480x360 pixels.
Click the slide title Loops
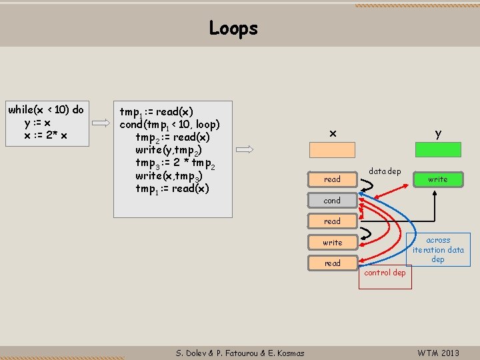pyautogui.click(x=233, y=28)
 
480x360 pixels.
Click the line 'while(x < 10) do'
pyautogui.click(x=46, y=109)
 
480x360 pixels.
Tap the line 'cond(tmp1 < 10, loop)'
pyautogui.click(x=169, y=125)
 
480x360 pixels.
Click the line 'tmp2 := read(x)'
pyautogui.click(x=173, y=137)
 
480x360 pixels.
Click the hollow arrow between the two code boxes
pyautogui.click(x=101, y=123)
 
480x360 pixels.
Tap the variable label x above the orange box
pyautogui.click(x=332, y=134)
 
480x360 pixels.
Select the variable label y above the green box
pyautogui.click(x=438, y=133)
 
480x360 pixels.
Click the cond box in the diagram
pyautogui.click(x=332, y=200)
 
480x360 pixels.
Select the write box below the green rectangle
pyautogui.click(x=438, y=179)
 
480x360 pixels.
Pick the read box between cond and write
pyautogui.click(x=332, y=221)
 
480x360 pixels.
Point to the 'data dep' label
pyautogui.click(x=385, y=171)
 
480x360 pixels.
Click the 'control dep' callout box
pyautogui.click(x=385, y=273)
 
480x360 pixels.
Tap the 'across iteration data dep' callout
pyautogui.click(x=438, y=249)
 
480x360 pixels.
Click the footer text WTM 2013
pyautogui.click(x=438, y=353)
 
